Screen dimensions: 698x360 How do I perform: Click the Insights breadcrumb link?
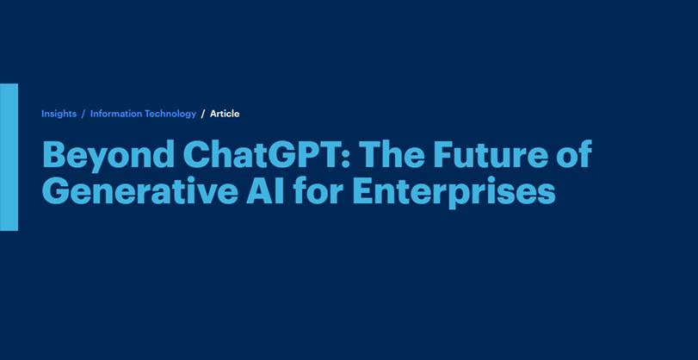(x=59, y=114)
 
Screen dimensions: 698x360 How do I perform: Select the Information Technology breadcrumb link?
(x=143, y=114)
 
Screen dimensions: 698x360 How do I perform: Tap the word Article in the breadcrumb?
(x=225, y=114)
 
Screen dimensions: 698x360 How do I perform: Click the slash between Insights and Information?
(x=83, y=114)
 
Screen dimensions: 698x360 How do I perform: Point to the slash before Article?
(x=203, y=114)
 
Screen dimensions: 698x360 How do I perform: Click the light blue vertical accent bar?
(x=9, y=158)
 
